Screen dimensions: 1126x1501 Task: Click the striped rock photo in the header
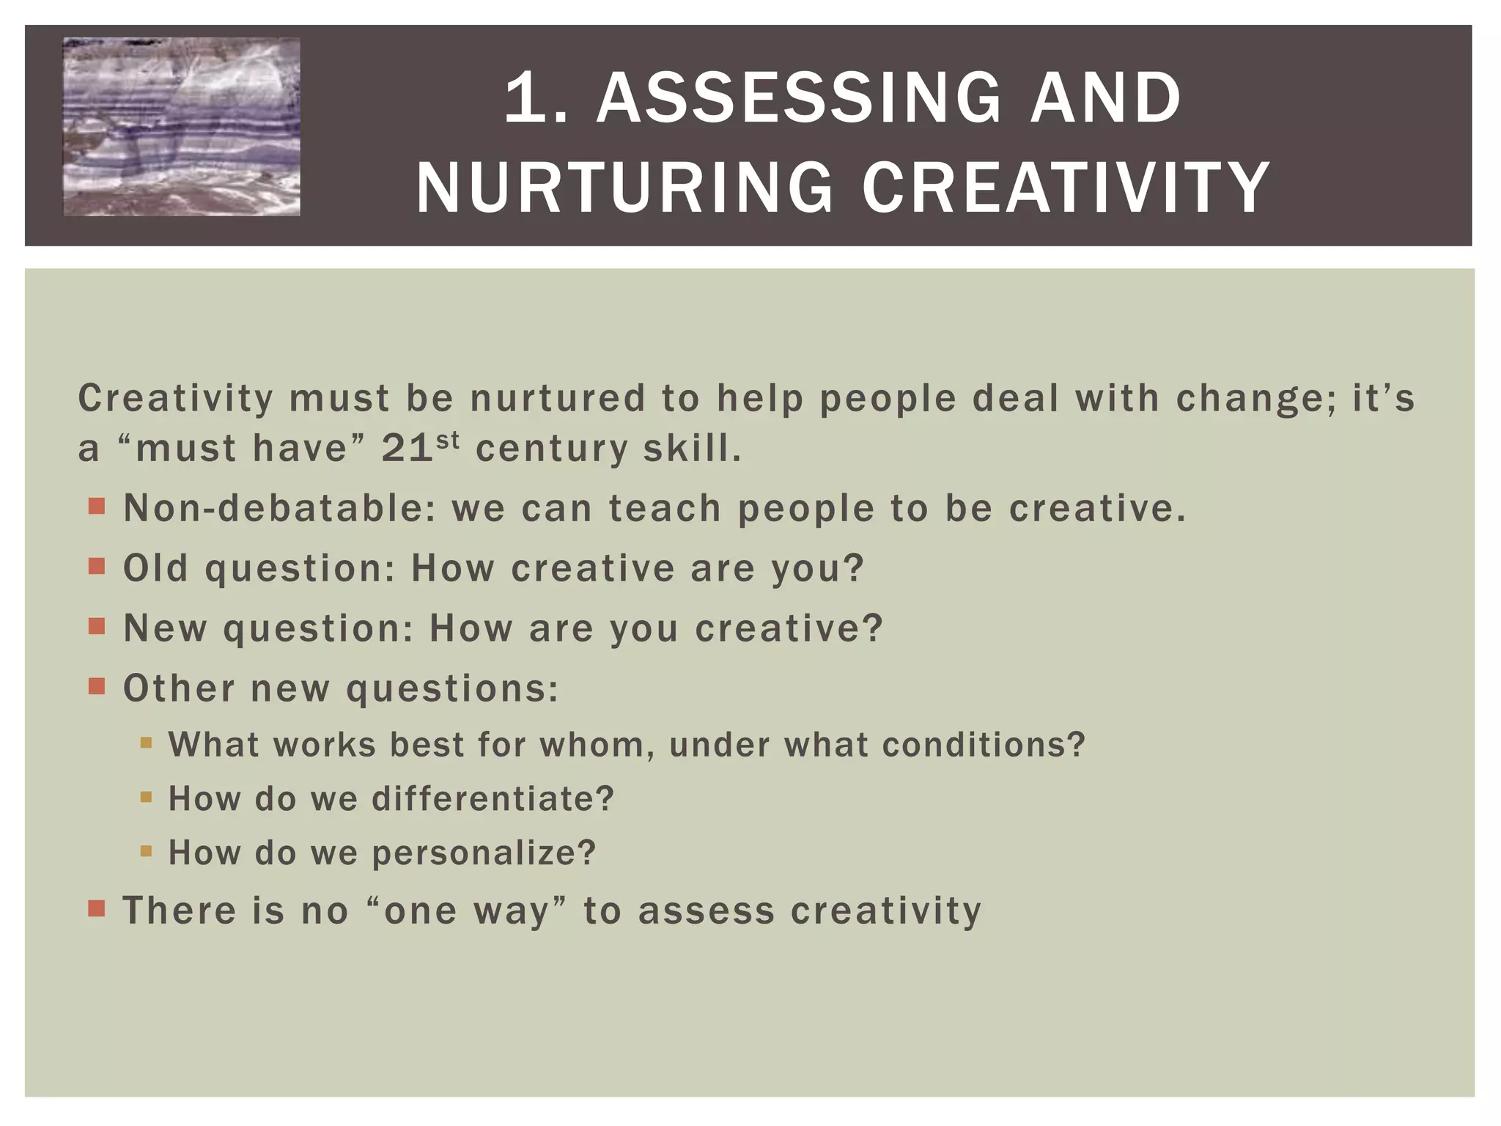point(182,127)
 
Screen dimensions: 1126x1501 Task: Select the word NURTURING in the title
point(624,188)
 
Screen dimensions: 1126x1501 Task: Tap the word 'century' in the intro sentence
point(551,449)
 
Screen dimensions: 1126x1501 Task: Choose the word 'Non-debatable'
point(279,508)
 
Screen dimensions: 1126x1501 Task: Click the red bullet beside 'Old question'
point(97,567)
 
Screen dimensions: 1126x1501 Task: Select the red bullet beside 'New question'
point(97,627)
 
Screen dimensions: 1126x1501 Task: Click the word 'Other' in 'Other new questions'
point(179,688)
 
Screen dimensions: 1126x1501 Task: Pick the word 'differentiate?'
point(493,798)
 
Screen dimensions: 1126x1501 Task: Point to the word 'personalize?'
point(484,853)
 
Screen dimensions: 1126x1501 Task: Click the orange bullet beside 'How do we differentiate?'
point(146,797)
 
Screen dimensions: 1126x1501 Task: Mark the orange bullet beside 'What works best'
point(146,743)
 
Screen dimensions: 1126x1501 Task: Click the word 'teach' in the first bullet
point(665,508)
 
